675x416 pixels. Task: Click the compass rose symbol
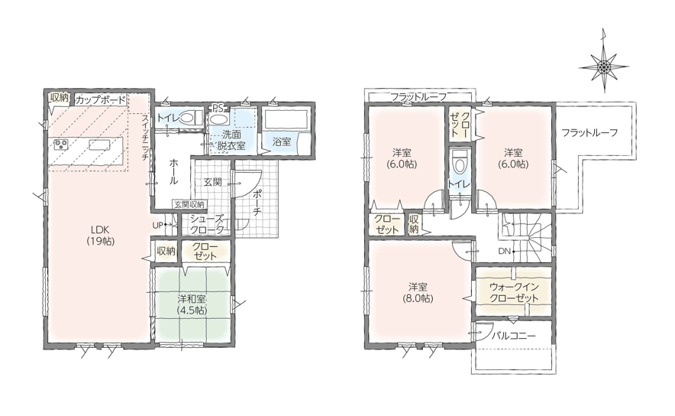[x=604, y=66]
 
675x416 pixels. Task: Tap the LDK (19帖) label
[x=100, y=235]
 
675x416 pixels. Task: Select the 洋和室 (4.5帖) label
[x=192, y=304]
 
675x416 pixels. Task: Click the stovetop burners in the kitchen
[x=62, y=145]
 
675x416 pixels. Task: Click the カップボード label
[x=100, y=100]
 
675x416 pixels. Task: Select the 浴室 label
[x=282, y=141]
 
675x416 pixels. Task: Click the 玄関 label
[x=212, y=182]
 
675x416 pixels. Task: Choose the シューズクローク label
[x=207, y=224]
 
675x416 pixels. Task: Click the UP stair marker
[x=157, y=225]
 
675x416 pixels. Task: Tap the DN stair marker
[x=504, y=251]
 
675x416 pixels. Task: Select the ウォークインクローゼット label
[x=514, y=292]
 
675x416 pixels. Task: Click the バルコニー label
[x=514, y=335]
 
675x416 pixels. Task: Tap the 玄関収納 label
[x=189, y=204]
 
